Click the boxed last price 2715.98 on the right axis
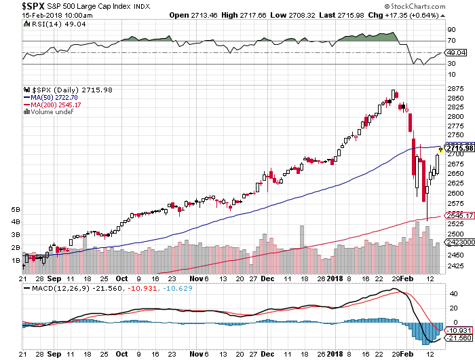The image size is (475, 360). pos(459,149)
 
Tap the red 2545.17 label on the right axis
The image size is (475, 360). pos(459,216)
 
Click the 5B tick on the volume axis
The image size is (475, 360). pos(15,211)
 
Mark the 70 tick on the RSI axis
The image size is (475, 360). pos(449,41)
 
